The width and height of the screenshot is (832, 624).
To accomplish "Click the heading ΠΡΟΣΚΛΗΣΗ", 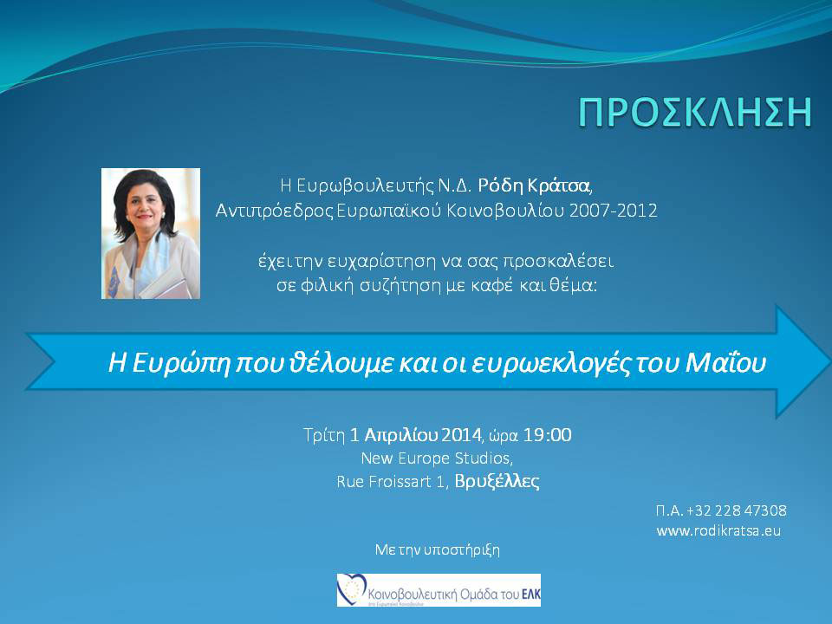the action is (x=695, y=113).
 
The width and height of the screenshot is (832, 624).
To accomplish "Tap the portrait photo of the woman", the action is (x=151, y=233).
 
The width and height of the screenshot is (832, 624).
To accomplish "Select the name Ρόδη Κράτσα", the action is (x=534, y=185).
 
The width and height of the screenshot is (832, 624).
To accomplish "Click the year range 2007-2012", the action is (x=613, y=211).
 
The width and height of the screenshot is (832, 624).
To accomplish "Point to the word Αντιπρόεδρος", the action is (x=275, y=211).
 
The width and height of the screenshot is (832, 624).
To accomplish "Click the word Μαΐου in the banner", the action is (x=725, y=363).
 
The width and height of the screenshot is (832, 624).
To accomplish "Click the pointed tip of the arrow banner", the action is (x=829, y=362).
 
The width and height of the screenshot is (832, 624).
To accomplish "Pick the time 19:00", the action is (x=548, y=435).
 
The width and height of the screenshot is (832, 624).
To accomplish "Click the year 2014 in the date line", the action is (x=461, y=435).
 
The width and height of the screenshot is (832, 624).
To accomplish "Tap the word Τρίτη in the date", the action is (x=324, y=435).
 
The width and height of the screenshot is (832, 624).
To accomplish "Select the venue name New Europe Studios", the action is (x=436, y=458).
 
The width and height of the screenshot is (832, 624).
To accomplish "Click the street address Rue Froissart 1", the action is (x=390, y=482).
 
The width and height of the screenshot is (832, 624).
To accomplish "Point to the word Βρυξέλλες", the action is (x=497, y=482).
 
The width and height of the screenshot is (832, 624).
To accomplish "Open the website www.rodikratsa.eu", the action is (x=718, y=530).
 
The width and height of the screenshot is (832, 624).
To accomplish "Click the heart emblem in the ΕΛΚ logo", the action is (x=352, y=589).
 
